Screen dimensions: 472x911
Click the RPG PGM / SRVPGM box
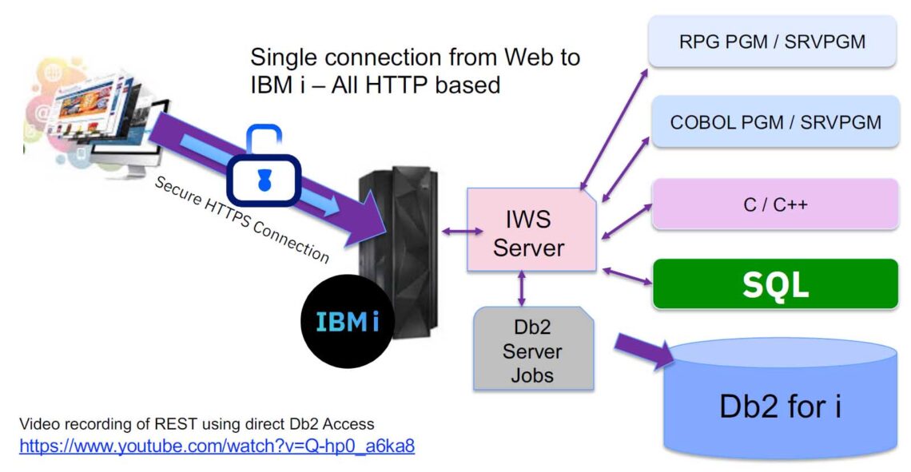[772, 42]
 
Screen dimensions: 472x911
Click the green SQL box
[775, 284]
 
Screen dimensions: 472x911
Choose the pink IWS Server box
[528, 232]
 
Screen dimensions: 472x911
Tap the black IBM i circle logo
[347, 322]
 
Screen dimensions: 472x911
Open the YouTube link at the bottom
[217, 446]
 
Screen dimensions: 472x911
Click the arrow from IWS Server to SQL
[627, 276]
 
